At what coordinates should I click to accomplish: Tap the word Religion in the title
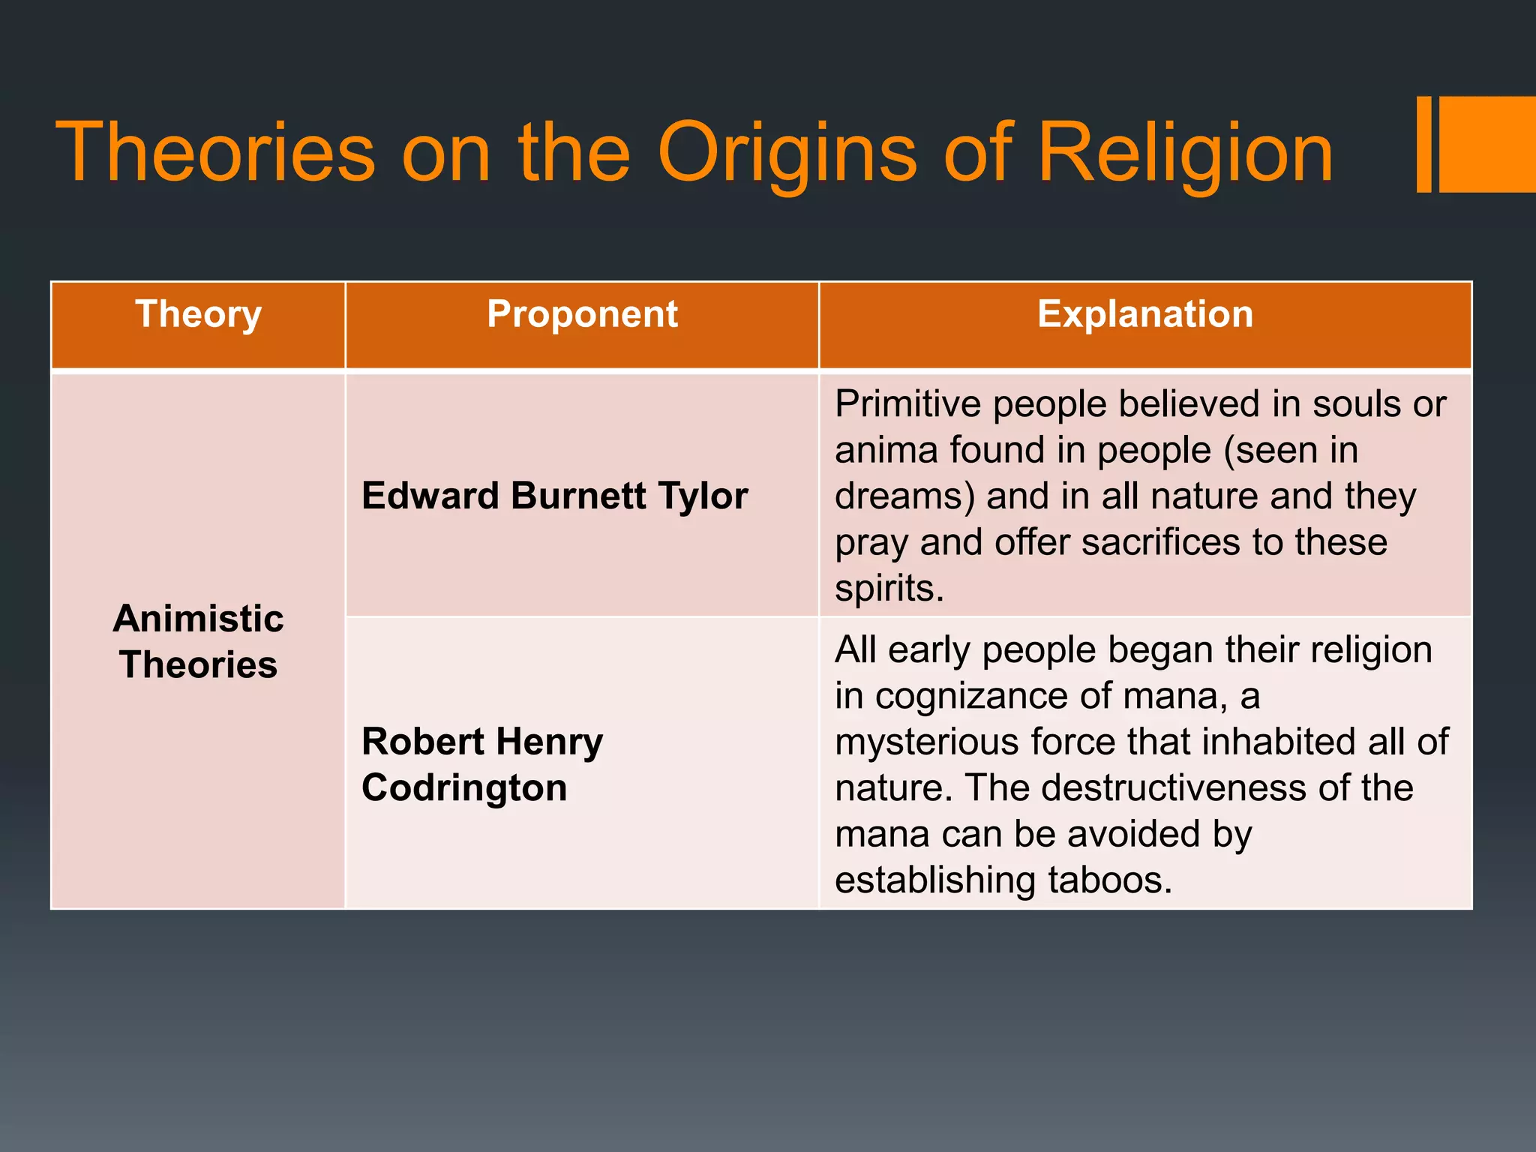pos(1185,154)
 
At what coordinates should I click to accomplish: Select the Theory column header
pos(198,314)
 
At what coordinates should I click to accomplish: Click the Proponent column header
pos(582,314)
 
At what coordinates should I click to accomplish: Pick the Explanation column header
pos(1145,314)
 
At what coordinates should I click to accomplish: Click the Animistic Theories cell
pos(198,642)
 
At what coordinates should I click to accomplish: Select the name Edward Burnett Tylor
pos(554,496)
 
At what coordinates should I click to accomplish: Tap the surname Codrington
pos(464,788)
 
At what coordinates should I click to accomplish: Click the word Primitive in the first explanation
pos(907,405)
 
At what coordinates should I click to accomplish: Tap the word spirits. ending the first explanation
pos(889,589)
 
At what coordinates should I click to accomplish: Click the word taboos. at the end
pos(1109,880)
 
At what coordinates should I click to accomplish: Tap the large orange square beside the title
pos(1487,144)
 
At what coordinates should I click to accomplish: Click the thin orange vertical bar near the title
pos(1423,144)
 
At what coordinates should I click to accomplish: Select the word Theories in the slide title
pos(215,154)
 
